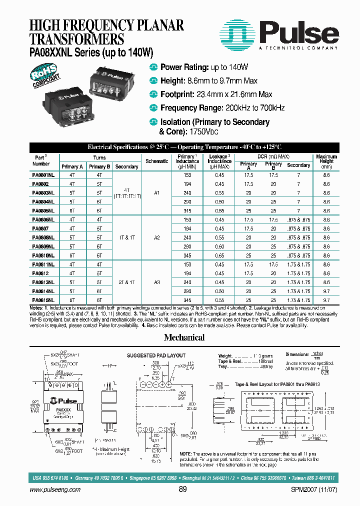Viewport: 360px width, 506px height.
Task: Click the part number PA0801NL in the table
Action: click(x=43, y=175)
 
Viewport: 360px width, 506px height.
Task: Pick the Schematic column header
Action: click(x=156, y=161)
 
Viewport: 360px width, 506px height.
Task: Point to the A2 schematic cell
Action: click(x=156, y=237)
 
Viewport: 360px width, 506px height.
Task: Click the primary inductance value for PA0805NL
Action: click(x=187, y=210)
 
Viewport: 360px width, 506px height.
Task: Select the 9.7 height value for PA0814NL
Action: click(x=326, y=290)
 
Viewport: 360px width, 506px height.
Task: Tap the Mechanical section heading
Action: click(x=184, y=337)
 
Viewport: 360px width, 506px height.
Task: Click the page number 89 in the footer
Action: click(x=182, y=489)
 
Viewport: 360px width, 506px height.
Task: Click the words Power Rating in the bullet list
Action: click(x=183, y=67)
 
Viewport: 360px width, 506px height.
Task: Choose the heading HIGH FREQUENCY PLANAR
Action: click(x=106, y=25)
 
